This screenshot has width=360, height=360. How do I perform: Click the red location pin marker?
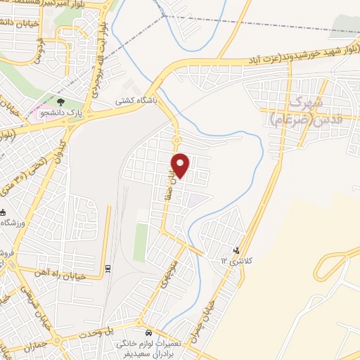181,165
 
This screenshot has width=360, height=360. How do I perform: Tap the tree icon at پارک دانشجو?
69,103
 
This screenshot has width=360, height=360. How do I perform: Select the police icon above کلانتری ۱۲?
236,249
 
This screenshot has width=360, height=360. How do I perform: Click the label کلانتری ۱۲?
234,262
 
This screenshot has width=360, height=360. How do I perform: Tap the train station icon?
108,267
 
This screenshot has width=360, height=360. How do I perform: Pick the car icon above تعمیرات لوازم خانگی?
148,331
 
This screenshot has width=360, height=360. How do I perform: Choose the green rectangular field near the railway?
141,243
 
